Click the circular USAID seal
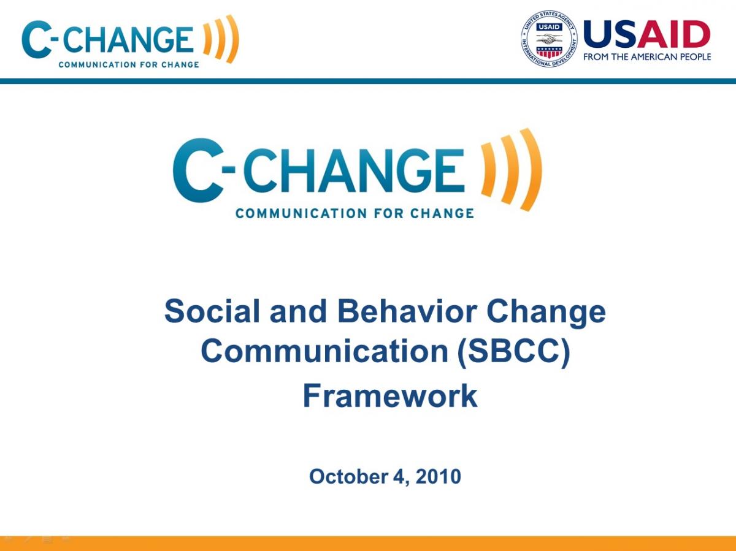550,39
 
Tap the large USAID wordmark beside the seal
646,34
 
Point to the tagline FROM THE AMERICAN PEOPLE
647,57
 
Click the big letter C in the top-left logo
36,40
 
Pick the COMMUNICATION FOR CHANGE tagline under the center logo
355,213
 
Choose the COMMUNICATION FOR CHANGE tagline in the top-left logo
129,64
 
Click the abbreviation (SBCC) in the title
514,351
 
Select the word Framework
389,395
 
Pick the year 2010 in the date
438,476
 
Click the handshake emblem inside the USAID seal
550,37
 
